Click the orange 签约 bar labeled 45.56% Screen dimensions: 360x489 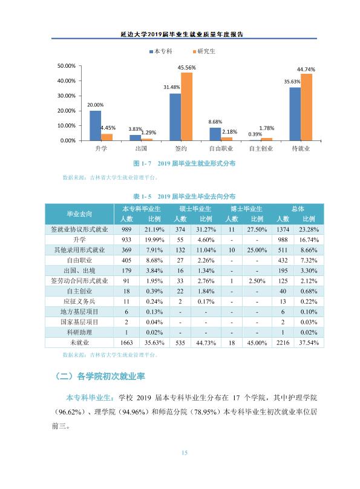click(186, 107)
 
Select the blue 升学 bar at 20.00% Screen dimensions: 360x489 click(96, 126)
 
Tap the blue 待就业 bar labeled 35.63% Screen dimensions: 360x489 click(295, 114)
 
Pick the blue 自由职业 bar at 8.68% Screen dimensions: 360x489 click(215, 134)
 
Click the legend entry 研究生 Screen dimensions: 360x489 click(204, 51)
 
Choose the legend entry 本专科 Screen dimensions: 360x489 click(161, 51)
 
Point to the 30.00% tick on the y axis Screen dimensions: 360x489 click(67, 96)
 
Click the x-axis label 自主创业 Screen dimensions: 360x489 click(261, 149)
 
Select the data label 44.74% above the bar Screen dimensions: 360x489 click(306, 69)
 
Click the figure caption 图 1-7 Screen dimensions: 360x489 click(142, 163)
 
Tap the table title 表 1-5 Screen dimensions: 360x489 click(142, 197)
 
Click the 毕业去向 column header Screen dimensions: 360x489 click(79, 214)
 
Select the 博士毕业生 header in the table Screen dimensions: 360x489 click(246, 209)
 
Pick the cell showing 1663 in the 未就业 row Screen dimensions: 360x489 click(126, 343)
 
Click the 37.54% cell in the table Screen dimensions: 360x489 click(309, 343)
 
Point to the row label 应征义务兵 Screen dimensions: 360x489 click(79, 301)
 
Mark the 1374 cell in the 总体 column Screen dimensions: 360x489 click(283, 229)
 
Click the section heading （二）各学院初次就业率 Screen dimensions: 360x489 click(100, 376)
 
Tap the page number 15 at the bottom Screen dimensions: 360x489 click(185, 453)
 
